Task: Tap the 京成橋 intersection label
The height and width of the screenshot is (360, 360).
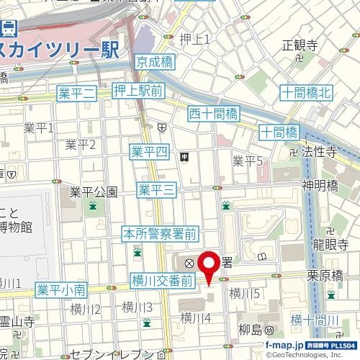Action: [x=154, y=63]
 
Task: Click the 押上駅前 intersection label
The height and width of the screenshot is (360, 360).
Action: [x=139, y=90]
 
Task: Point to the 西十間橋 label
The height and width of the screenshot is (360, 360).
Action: [x=212, y=112]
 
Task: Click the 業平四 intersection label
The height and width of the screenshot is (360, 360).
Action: [x=149, y=151]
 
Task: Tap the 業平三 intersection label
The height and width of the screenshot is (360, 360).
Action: [x=156, y=189]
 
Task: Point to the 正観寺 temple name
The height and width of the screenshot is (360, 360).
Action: [x=300, y=45]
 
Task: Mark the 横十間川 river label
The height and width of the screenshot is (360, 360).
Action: [x=315, y=320]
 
